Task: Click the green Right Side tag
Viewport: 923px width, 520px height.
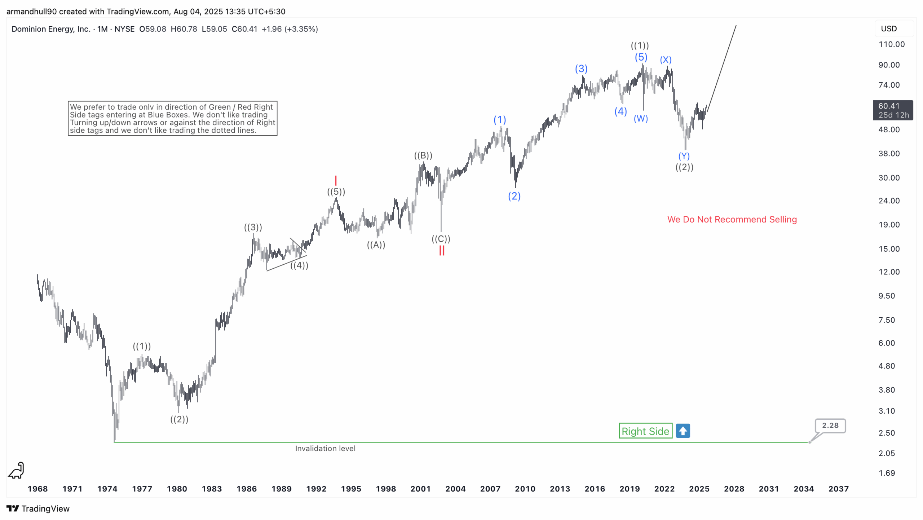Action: click(x=645, y=431)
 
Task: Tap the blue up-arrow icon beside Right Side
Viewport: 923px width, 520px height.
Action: click(x=683, y=431)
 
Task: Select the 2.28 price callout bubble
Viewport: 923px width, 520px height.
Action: click(x=830, y=426)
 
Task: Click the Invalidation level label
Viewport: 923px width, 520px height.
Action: click(x=325, y=448)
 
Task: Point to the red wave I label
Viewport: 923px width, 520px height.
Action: click(x=335, y=180)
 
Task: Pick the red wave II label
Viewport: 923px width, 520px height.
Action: click(x=441, y=251)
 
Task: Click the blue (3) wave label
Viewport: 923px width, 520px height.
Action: click(x=581, y=69)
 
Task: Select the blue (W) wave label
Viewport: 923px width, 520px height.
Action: click(x=640, y=118)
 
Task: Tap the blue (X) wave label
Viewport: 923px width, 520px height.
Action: click(x=665, y=60)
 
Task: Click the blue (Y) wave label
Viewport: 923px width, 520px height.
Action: click(x=684, y=156)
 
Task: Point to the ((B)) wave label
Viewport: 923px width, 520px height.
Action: click(x=423, y=155)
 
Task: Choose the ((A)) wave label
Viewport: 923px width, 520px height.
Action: click(x=376, y=244)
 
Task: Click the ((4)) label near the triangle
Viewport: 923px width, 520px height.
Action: click(x=299, y=265)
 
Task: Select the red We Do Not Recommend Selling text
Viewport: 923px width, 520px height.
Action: click(x=732, y=219)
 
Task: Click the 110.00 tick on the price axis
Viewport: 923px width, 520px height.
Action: click(x=891, y=44)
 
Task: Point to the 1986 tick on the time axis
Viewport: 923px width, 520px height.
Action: click(x=246, y=489)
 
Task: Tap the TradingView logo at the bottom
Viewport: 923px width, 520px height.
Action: click(x=38, y=508)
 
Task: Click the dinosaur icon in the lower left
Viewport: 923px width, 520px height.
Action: click(x=16, y=470)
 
